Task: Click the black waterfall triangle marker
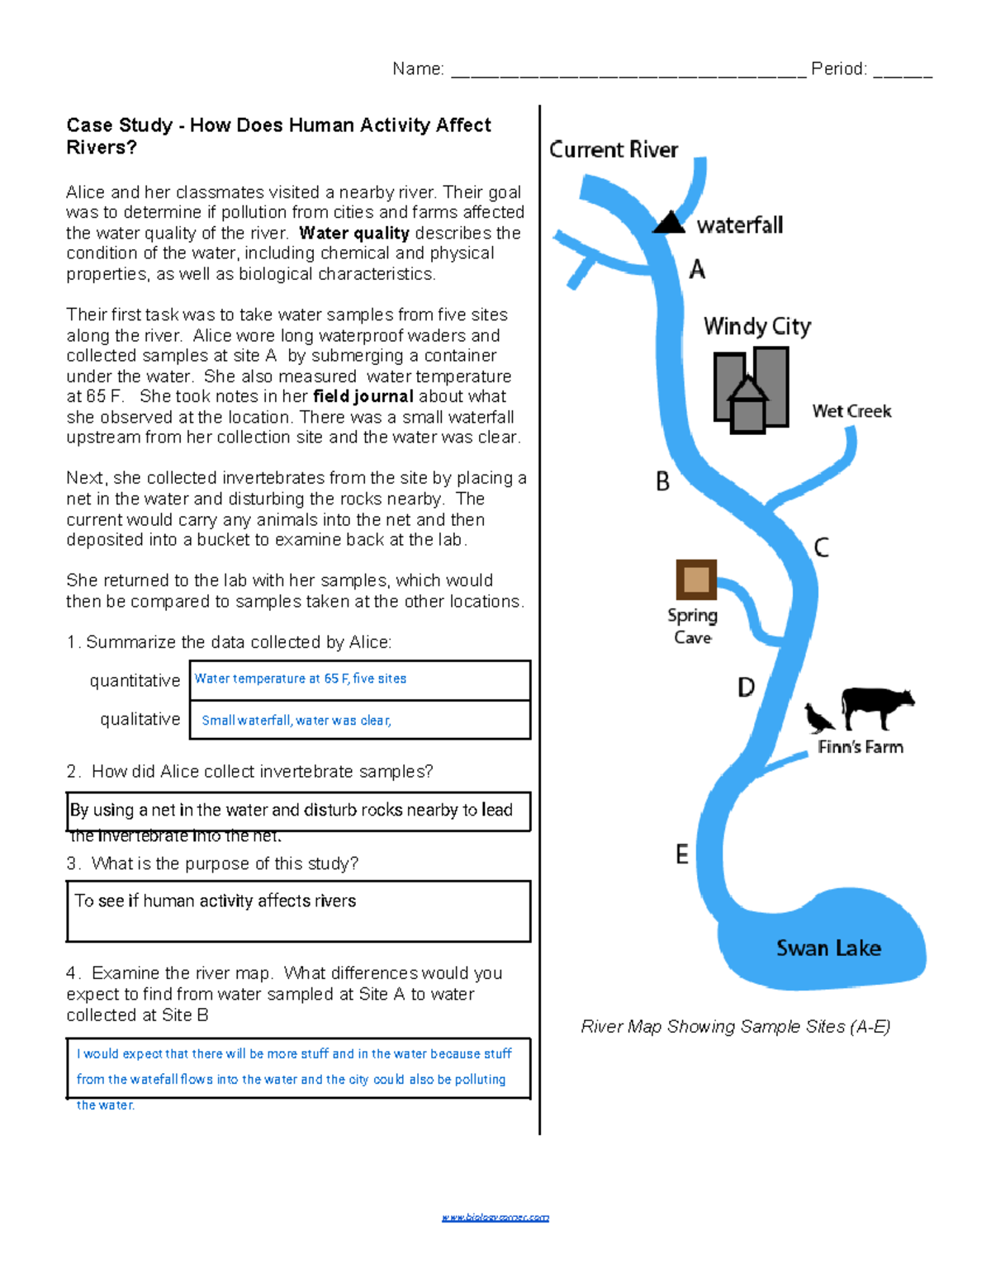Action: [670, 223]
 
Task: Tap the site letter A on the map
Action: [698, 269]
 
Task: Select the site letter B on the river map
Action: [662, 481]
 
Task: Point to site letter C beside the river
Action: [821, 547]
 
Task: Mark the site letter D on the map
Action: [746, 687]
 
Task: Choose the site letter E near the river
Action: [682, 854]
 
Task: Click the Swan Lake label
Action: [828, 948]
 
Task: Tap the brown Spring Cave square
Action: [696, 580]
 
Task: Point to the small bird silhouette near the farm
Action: [819, 718]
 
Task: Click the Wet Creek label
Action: [851, 411]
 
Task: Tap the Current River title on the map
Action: [614, 149]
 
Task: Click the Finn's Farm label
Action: [861, 747]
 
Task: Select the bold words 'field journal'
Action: [363, 396]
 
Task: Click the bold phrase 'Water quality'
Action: [354, 233]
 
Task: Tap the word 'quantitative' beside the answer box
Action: [135, 680]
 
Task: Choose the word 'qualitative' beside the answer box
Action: [140, 719]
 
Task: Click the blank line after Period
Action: [903, 71]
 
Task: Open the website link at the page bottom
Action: [495, 1217]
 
